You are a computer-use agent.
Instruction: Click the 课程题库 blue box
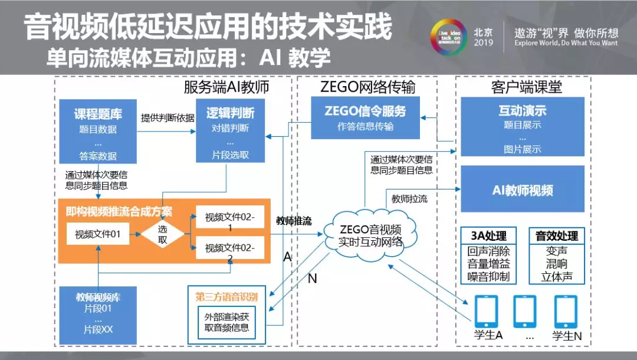[98, 131]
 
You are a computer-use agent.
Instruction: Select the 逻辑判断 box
[231, 130]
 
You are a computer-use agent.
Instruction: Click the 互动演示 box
[523, 127]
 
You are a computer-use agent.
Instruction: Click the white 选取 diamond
[163, 234]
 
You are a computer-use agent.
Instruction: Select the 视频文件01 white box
[98, 234]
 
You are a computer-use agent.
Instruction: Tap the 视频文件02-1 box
[230, 221]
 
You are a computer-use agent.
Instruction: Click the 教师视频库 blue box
[98, 313]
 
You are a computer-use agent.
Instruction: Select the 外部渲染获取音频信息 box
[228, 322]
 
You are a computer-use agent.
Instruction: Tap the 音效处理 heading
[556, 235]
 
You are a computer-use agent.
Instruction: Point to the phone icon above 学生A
[486, 311]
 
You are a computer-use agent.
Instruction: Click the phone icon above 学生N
[566, 311]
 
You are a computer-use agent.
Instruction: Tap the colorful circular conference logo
[448, 37]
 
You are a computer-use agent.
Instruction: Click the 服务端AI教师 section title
[226, 88]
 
